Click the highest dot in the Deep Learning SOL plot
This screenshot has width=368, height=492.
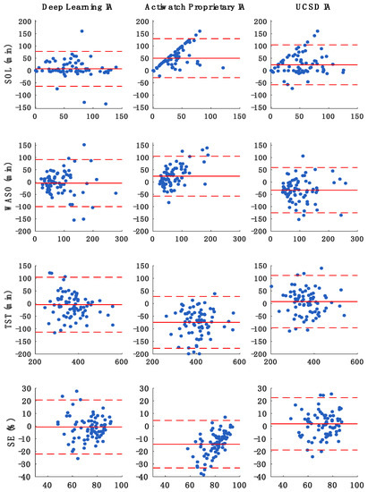click(x=81, y=31)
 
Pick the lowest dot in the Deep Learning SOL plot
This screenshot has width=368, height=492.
click(x=105, y=104)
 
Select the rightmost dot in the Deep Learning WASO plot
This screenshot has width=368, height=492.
click(x=116, y=192)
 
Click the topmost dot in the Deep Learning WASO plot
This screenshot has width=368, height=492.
click(x=84, y=145)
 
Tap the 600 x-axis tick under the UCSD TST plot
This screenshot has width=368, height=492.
click(x=354, y=362)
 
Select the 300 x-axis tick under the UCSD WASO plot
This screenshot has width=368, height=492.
click(x=354, y=241)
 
